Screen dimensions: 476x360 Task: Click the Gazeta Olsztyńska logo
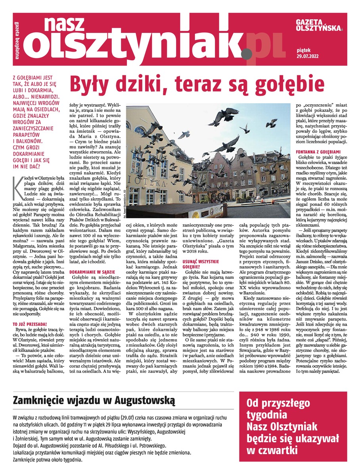coord(319,25)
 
